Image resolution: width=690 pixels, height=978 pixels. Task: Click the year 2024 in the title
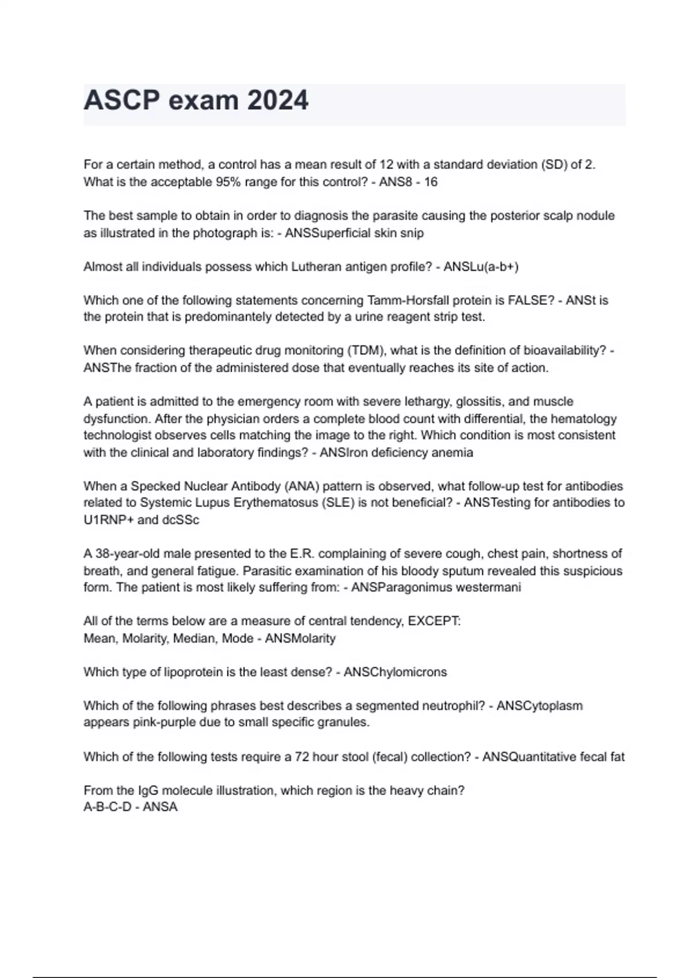coord(278,101)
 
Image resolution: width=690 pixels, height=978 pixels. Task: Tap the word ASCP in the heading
coord(121,101)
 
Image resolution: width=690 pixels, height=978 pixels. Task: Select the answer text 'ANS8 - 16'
coord(408,182)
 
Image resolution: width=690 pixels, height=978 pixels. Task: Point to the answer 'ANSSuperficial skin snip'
coord(354,233)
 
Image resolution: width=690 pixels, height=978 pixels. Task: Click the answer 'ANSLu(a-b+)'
coord(481,267)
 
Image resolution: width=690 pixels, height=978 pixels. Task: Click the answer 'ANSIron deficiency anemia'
coord(396,453)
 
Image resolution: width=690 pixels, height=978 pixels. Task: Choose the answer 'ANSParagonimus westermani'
coord(436,587)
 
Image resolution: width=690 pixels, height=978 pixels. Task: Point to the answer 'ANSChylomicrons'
coord(395,672)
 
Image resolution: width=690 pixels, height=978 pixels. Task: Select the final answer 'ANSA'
coord(160,807)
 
